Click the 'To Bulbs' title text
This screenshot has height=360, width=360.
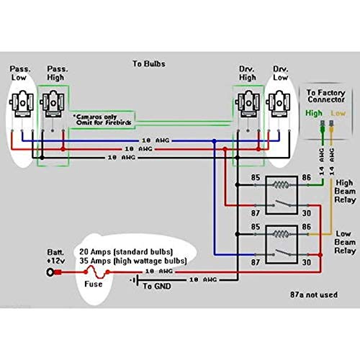click(149, 63)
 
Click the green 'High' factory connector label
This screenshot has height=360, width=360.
click(312, 113)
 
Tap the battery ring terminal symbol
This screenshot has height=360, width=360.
click(52, 273)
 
